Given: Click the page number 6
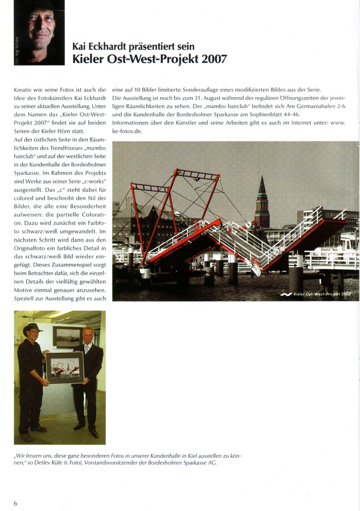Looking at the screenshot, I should (x=16, y=503).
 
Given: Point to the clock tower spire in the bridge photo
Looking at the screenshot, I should (x=262, y=187).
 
